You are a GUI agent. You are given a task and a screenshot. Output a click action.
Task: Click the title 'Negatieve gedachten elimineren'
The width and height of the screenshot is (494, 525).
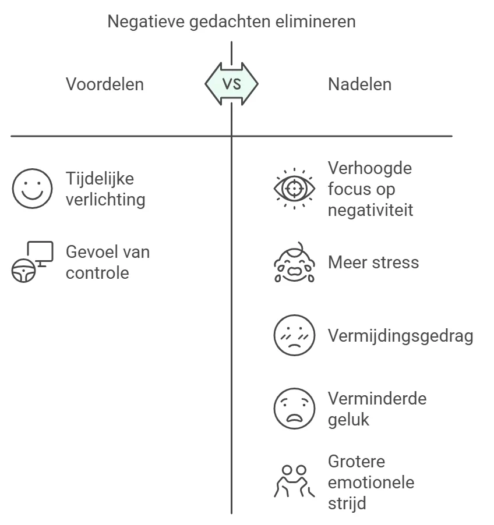[x=231, y=22]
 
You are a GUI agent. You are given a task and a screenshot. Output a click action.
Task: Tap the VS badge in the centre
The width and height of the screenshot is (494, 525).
[x=231, y=84]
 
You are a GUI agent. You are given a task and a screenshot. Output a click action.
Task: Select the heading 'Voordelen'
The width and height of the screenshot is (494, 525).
[x=105, y=84]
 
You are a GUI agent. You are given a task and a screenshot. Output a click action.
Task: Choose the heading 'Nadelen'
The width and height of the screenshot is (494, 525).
[x=359, y=84]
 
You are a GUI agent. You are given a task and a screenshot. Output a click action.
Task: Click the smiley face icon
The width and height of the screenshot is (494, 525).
[x=33, y=189]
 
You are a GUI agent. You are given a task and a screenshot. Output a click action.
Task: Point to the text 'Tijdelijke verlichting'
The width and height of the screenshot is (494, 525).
[x=105, y=189]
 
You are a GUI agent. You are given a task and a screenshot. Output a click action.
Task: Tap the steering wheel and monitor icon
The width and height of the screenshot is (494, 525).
[x=33, y=262]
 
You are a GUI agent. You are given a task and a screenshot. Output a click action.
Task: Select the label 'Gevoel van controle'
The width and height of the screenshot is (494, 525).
[x=108, y=262]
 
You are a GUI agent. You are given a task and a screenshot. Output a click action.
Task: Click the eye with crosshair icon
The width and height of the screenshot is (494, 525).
[x=294, y=189]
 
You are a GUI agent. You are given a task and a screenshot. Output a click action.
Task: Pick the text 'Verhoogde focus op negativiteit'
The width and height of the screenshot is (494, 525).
[x=370, y=189]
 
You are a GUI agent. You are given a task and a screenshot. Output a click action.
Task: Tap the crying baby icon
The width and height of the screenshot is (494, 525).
[x=294, y=262]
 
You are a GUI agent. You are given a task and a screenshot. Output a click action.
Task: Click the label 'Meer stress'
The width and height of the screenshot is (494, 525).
[x=373, y=262]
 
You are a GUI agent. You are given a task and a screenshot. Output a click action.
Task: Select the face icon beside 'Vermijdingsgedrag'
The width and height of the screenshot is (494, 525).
[x=294, y=335]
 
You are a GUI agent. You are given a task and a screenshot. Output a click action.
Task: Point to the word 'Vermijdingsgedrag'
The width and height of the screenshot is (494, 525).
[x=401, y=336]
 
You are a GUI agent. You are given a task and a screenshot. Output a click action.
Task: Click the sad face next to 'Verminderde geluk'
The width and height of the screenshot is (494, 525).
[x=294, y=409]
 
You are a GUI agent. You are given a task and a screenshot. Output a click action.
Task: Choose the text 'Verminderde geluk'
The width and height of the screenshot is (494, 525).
[x=377, y=409]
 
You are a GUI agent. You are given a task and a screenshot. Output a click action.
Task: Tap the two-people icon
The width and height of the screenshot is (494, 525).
[x=294, y=481]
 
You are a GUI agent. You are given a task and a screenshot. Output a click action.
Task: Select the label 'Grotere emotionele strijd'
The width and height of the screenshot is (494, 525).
[x=371, y=482]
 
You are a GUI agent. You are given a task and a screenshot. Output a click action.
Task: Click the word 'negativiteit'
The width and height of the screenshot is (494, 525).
[x=370, y=210]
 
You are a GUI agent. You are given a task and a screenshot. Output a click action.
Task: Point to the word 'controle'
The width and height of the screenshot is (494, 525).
[x=97, y=272]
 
